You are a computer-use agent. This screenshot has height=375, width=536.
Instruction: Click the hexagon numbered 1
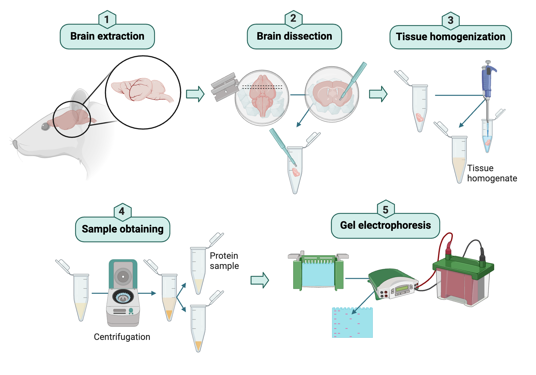pyautogui.click(x=107, y=19)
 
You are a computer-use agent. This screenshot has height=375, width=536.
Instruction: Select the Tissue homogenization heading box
pyautogui.click(x=451, y=37)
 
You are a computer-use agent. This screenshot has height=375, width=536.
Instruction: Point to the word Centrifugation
pyautogui.click(x=122, y=337)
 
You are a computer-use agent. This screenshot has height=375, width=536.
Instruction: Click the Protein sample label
pyautogui.click(x=224, y=261)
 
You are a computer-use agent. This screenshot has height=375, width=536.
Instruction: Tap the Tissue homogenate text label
pyautogui.click(x=492, y=173)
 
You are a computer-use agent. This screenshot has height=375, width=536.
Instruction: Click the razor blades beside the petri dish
pyautogui.click(x=225, y=87)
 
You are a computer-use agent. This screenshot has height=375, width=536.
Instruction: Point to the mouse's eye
pyautogui.click(x=45, y=126)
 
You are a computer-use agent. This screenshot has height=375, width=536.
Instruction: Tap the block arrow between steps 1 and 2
pyautogui.click(x=195, y=94)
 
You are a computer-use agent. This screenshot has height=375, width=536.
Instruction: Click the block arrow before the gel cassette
pyautogui.click(x=259, y=280)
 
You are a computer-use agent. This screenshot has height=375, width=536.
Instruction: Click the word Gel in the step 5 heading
pyautogui.click(x=348, y=225)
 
